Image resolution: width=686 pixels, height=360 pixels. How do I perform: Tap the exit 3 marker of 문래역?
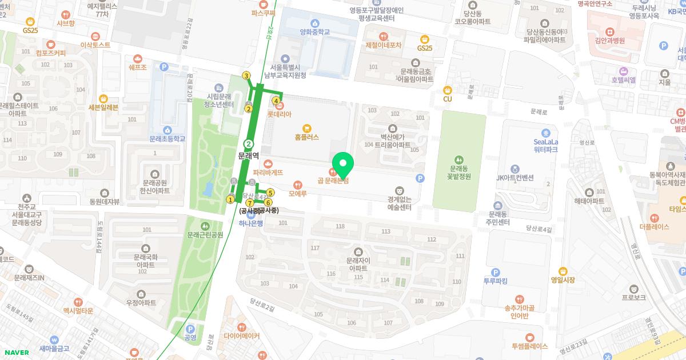246,76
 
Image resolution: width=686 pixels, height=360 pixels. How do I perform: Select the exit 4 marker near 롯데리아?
276,101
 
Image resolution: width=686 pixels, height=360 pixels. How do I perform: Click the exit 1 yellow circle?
230,199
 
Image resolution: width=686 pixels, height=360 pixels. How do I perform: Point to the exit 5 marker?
270,193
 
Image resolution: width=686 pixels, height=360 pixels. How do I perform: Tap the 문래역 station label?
249,155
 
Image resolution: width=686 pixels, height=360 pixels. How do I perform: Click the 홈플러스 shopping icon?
307,127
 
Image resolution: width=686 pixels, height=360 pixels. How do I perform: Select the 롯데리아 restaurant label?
280,114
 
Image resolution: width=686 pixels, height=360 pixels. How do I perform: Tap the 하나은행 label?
251,223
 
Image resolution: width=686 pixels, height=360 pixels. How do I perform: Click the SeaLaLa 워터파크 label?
545,146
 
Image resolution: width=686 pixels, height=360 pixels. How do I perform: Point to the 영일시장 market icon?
563,270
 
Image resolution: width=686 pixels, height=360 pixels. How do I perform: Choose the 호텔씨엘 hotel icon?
623,71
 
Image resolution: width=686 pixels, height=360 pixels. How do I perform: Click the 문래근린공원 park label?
205,235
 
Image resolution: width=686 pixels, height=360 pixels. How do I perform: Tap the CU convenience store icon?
448,89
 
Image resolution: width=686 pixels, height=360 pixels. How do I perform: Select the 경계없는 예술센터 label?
400,203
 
